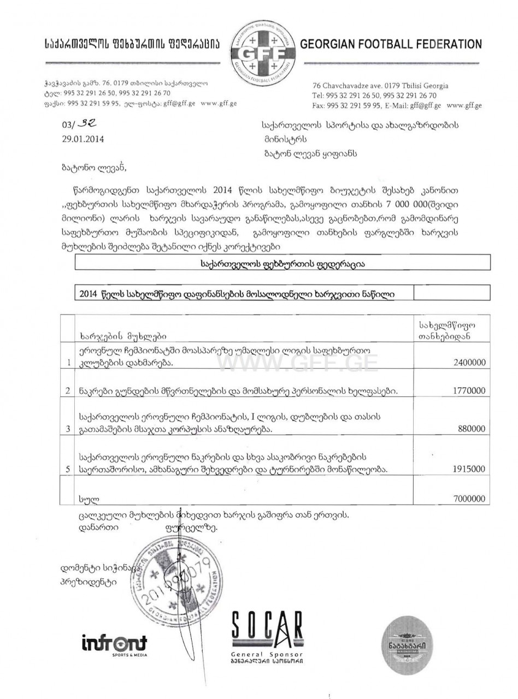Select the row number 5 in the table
[x=68, y=469]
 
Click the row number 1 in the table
[x=68, y=362]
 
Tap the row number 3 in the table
[x=68, y=429]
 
